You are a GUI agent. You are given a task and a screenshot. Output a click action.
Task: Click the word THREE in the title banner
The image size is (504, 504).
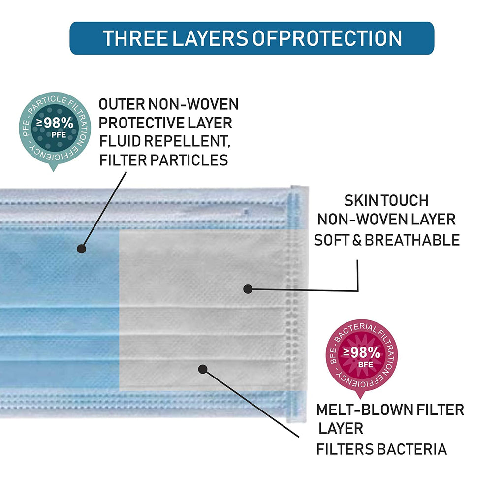click(135, 38)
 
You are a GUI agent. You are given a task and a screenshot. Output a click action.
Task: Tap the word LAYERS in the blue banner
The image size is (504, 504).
click(210, 38)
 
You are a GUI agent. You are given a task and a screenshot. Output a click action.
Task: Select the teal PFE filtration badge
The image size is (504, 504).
click(55, 131)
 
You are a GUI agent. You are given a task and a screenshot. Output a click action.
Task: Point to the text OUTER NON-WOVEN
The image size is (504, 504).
click(169, 104)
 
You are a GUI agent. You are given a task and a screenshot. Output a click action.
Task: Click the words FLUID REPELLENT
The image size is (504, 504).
click(164, 141)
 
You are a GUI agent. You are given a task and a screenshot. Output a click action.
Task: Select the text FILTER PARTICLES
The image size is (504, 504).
click(163, 160)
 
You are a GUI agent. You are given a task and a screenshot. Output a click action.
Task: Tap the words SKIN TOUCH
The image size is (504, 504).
click(386, 201)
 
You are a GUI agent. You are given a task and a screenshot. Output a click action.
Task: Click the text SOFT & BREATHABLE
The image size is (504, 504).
click(387, 240)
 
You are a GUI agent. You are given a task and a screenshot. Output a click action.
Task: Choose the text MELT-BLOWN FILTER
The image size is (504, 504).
click(390, 410)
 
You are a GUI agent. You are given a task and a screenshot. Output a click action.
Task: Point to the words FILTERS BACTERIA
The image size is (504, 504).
click(381, 449)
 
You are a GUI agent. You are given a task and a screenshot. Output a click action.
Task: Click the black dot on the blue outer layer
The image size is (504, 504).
click(81, 249)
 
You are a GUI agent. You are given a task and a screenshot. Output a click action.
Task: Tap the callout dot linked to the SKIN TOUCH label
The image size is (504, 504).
click(248, 289)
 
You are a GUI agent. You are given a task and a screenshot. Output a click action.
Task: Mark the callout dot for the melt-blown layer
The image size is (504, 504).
click(202, 369)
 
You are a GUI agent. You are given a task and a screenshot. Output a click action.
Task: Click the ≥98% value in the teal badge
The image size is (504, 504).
click(55, 123)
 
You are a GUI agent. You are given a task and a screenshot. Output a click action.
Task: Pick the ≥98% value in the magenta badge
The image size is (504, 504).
click(362, 352)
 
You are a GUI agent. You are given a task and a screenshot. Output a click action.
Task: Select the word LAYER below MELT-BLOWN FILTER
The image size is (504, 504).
click(341, 429)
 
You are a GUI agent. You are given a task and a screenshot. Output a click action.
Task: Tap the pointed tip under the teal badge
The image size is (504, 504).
click(53, 170)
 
